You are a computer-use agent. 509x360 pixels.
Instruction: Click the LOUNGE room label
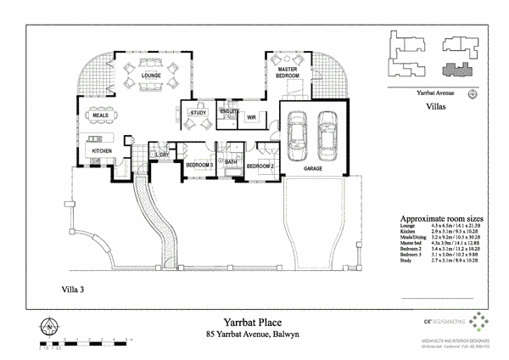(x=151, y=76)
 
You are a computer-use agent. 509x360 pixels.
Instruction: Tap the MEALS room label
(x=100, y=115)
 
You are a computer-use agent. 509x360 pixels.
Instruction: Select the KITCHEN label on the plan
(x=103, y=151)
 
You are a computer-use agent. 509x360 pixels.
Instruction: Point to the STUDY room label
(x=199, y=112)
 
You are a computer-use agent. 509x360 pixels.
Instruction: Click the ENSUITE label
(x=229, y=111)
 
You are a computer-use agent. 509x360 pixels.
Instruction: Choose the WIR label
(x=251, y=117)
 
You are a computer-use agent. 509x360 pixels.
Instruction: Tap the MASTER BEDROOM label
(x=286, y=72)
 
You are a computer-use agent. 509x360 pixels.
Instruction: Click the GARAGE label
(x=314, y=169)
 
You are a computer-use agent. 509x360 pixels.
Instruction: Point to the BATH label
(x=231, y=160)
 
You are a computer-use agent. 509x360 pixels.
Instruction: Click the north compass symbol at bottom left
(x=50, y=326)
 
